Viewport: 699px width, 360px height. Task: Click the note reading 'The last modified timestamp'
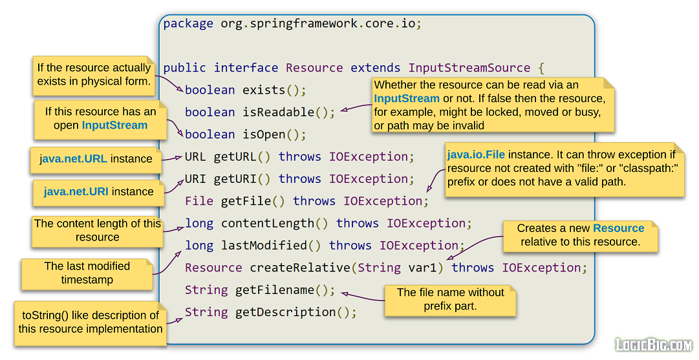(x=87, y=273)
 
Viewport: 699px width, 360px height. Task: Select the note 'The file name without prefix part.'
(x=450, y=299)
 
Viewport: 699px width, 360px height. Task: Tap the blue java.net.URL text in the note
(x=74, y=159)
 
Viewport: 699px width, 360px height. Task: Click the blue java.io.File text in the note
(x=476, y=154)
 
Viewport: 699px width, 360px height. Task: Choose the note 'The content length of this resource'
(x=97, y=231)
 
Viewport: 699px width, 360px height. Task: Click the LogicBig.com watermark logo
(x=653, y=344)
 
